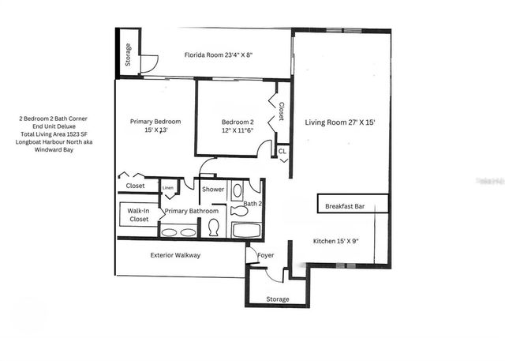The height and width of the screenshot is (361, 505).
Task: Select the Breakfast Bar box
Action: pos(353,205)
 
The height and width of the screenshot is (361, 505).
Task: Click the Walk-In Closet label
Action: pos(138,216)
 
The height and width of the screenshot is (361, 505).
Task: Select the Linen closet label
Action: pos(168,187)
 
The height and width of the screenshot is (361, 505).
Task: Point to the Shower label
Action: pos(213,190)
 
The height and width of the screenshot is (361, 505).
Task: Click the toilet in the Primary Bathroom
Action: pos(213,228)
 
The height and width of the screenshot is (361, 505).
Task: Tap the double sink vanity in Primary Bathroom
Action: pos(178,232)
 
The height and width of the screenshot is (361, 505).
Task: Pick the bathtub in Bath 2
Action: pos(247,231)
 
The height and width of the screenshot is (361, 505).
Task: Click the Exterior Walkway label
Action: pos(175,255)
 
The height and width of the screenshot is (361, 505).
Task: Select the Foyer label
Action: pos(266,255)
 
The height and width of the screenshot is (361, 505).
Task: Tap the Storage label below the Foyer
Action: pos(277,299)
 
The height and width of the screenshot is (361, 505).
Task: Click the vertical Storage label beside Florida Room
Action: pos(128,55)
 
